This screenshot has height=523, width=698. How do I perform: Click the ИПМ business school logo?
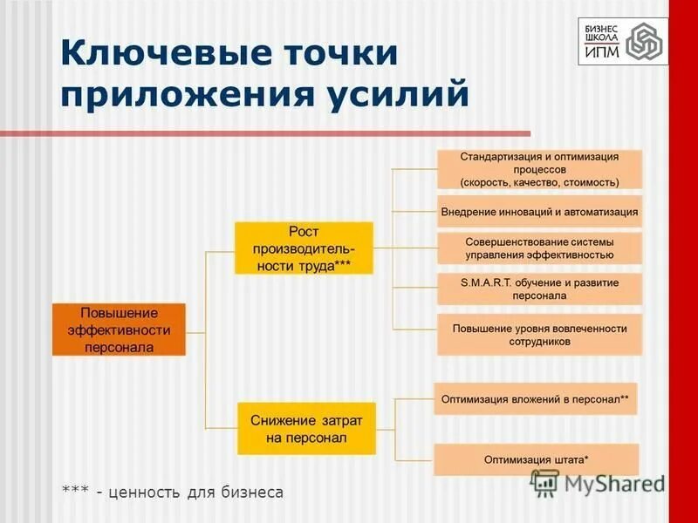(x=623, y=41)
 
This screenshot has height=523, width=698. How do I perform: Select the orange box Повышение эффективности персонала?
(x=119, y=329)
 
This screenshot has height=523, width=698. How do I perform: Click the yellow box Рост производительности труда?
(x=303, y=248)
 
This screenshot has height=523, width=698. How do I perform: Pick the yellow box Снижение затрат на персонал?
(x=305, y=428)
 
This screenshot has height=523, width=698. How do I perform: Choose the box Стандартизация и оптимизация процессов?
(x=539, y=169)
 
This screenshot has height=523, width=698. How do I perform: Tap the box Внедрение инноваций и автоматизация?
(x=539, y=212)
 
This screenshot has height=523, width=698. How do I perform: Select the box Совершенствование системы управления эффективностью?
(x=539, y=248)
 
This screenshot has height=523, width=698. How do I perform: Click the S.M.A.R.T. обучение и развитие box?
(x=539, y=289)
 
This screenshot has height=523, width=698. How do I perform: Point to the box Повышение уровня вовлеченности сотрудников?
(x=539, y=335)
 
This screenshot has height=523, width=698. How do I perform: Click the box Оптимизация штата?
(x=536, y=458)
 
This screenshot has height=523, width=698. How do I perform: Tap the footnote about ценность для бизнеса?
(x=173, y=492)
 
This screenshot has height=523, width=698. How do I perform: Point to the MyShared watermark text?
(x=611, y=483)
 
